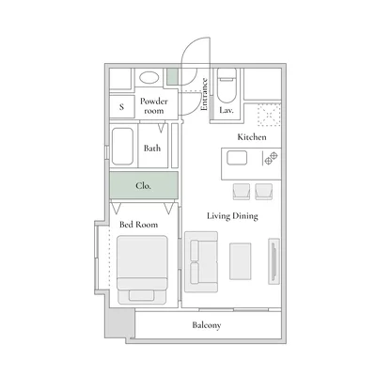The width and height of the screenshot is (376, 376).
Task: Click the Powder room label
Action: (153, 104)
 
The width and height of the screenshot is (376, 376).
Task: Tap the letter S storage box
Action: (121, 107)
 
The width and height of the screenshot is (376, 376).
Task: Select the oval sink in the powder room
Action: (148, 79)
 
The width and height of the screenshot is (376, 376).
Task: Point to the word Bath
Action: (152, 148)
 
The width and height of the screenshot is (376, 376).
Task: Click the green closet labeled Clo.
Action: (143, 185)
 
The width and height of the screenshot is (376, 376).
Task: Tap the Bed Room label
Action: (137, 224)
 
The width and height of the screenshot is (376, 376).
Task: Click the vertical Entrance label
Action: (204, 95)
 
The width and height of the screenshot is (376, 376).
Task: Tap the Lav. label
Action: (226, 110)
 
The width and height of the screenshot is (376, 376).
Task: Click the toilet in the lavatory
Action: (226, 87)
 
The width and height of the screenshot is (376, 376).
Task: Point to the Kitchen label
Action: (251, 137)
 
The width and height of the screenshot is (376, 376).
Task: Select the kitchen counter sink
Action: (235, 160)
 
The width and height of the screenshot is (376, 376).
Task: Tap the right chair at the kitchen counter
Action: (264, 191)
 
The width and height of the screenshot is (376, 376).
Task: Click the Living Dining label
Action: (233, 215)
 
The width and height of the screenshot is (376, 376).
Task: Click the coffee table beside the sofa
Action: (240, 260)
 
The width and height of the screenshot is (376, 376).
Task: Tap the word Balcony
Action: (206, 325)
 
